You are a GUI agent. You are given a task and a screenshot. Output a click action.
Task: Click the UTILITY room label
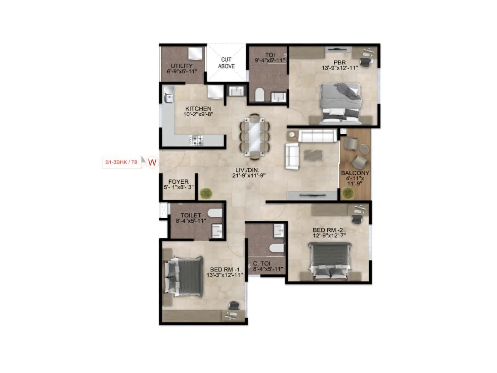pyautogui.click(x=182, y=66)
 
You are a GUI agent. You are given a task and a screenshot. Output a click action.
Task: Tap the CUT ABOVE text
pyautogui.click(x=226, y=63)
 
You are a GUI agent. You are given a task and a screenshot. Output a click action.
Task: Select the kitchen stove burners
pyautogui.click(x=197, y=140)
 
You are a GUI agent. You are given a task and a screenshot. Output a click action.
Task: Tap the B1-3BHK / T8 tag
pyautogui.click(x=121, y=162)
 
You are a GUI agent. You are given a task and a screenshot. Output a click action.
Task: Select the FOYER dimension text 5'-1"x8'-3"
pyautogui.click(x=179, y=187)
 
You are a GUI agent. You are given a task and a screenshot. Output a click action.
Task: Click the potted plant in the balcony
pyautogui.click(x=348, y=193)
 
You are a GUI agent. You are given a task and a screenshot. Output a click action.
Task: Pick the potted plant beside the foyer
pyautogui.click(x=206, y=193)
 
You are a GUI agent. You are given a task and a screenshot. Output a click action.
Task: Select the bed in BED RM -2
pyautogui.click(x=330, y=260)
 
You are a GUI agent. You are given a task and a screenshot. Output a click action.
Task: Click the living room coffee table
pyautogui.click(x=313, y=155)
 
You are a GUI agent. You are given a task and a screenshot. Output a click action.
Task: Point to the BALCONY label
pyautogui.click(x=355, y=173)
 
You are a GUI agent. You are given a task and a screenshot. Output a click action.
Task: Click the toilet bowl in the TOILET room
pyautogui.click(x=215, y=213)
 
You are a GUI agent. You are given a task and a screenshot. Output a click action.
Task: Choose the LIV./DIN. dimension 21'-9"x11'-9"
pyautogui.click(x=249, y=176)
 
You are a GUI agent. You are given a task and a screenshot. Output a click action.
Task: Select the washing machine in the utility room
pyautogui.click(x=195, y=53)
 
